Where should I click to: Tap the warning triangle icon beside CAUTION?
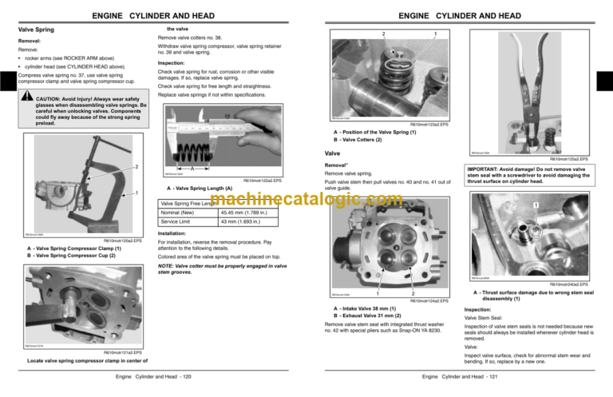[27, 101]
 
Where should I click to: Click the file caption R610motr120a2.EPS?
[123, 240]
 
